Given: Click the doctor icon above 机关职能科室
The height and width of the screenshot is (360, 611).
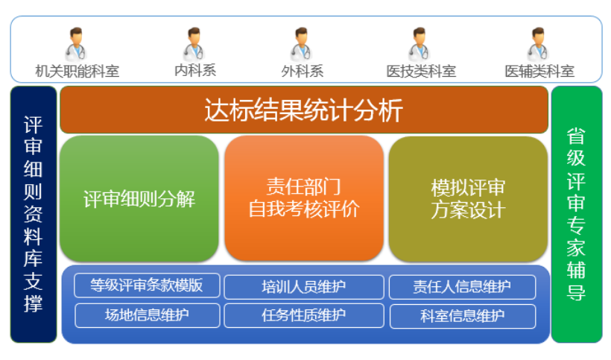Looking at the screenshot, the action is coord(75,44).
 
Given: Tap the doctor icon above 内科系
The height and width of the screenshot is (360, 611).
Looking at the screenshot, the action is coord(194,44).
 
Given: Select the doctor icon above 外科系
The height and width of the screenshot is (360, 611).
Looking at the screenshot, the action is coord(301,44).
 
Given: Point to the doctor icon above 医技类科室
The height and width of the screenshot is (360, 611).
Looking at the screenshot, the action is coord(420,44).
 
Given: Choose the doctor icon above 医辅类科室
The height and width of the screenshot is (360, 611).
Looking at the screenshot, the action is coord(538,44).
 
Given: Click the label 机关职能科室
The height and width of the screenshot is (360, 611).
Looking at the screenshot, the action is coord(77,72).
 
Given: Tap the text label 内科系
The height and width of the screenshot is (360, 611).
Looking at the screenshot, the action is coord(195,71).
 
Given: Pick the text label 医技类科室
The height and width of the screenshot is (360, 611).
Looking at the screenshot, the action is coord(421,72).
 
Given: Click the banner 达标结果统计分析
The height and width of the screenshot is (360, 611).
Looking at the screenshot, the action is coord(304,110).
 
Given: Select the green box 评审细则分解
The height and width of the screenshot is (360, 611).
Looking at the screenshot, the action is coord(139,199).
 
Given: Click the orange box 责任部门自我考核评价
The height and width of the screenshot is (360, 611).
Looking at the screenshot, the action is coord(304,198).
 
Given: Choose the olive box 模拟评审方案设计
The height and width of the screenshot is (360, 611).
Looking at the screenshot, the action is coord(468,199).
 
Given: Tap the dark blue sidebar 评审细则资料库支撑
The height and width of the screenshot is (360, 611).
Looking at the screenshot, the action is coord(34,215).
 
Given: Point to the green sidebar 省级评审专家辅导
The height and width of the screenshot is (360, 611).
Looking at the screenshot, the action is coord(577,215).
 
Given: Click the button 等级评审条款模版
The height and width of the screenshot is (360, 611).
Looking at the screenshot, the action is coord(147,285).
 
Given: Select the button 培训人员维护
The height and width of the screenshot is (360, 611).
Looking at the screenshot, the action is coord(304,287).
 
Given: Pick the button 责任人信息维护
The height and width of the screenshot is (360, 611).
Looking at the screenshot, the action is coord(462,287).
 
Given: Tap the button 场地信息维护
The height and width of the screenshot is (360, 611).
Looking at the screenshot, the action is coord(148,315).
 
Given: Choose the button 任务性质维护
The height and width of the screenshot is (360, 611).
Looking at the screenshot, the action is coord(304,315).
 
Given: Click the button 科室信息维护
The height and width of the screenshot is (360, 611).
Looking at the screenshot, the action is coord(463,316).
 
